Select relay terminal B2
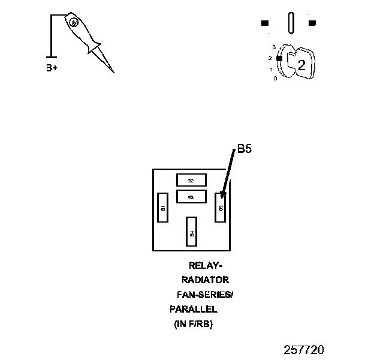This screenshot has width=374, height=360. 191,180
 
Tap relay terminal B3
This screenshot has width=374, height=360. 191,197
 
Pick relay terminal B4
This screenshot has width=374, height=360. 192,232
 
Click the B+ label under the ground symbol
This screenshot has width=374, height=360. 52,68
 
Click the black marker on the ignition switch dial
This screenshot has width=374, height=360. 279,58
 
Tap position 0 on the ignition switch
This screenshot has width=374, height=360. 275,78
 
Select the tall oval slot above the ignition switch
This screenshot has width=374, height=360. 291,23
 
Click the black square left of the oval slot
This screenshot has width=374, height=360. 265,23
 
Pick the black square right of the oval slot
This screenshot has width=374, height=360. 312,23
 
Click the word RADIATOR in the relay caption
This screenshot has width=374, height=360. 205,280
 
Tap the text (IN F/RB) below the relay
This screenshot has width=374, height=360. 194,324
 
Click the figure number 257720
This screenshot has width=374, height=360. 304,349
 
